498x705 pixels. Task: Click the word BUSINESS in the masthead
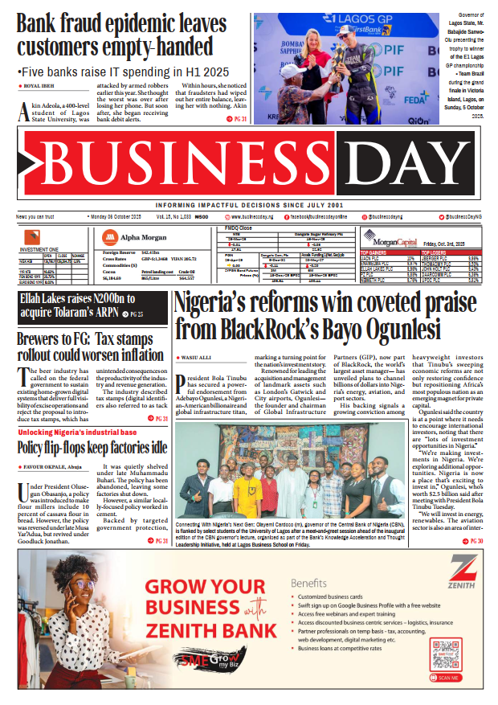pos(173,165)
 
